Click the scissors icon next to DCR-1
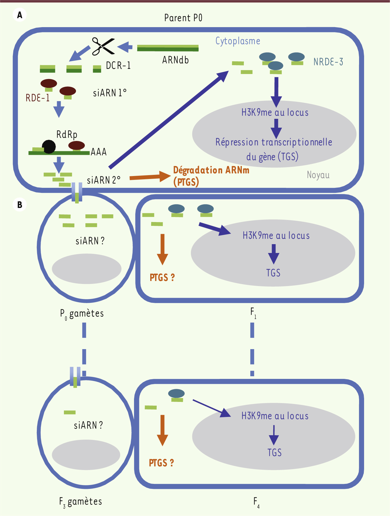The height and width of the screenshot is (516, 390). coord(103,46)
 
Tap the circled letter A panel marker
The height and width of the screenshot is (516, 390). coord(20,15)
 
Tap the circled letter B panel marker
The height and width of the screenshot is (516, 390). coord(20,205)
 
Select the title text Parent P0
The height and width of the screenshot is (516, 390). coord(183,18)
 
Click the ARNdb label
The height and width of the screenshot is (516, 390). coord(175,60)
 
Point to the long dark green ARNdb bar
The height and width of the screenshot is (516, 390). coord(168,48)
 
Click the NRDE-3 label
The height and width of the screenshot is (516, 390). coord(328,62)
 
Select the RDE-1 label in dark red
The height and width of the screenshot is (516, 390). coord(37,98)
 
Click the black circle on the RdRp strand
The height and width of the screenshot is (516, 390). coord(49,147)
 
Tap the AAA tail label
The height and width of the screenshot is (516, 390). coord(99,152)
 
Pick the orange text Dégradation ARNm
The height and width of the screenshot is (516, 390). coord(211,170)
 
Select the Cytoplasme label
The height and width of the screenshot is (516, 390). coord(238,41)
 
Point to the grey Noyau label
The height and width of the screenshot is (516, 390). coord(318,175)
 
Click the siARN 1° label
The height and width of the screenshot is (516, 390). coord(110,93)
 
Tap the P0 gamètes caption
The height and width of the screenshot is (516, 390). coord(82,313)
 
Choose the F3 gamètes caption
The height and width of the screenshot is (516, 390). coord(80,502)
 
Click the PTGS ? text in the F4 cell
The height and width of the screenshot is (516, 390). coord(161,463)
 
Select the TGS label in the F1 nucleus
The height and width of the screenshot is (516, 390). coord(273,273)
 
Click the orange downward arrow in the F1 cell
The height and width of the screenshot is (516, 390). coord(162,249)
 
